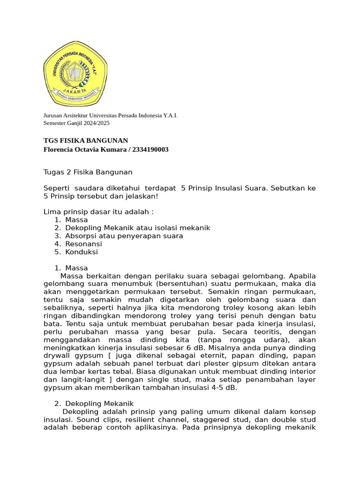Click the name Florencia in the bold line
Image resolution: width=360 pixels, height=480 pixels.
click(x=60, y=150)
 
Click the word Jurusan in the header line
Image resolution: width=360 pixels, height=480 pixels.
click(x=52, y=115)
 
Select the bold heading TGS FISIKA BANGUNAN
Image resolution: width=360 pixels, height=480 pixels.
click(x=86, y=141)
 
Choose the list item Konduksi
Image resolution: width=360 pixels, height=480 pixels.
click(x=82, y=252)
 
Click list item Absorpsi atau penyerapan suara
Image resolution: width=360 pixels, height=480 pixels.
click(x=124, y=236)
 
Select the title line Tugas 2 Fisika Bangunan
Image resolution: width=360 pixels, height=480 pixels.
click(x=88, y=172)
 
